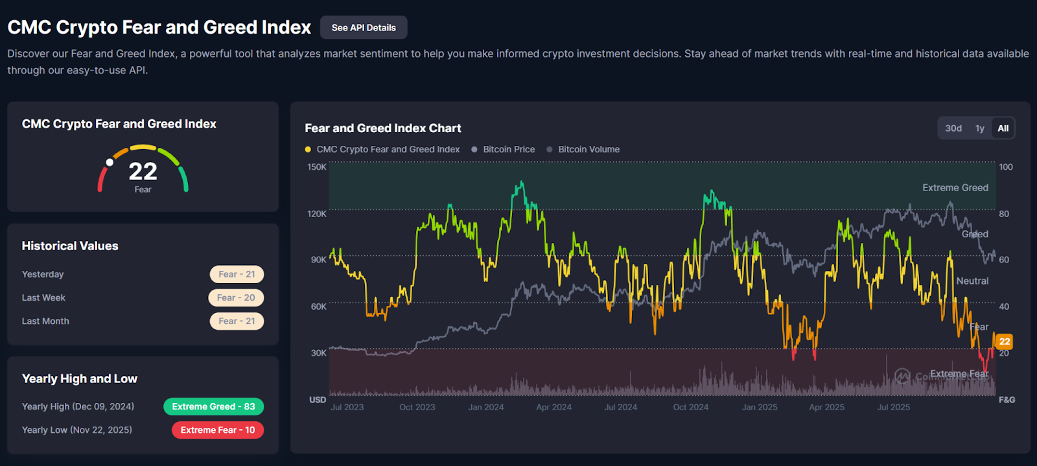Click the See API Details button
pos(364,28)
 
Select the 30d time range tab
pos(953,128)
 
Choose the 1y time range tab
pos(980,128)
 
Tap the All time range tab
pos(1003,128)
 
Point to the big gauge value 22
pos(143,172)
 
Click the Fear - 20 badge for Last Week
pos(236,297)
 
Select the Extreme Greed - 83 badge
pos(213,406)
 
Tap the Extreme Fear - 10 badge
pos(218,430)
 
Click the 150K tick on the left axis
pos(317,167)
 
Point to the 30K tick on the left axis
pos(318,353)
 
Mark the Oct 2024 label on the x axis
pos(690,407)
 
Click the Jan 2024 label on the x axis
pos(486,407)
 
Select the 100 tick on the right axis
pos(1005,167)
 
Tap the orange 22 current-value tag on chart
pos(1004,342)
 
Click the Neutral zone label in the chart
pos(972,281)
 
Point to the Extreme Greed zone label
pos(955,188)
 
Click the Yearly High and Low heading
pos(80,379)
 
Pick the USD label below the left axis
pos(318,400)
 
